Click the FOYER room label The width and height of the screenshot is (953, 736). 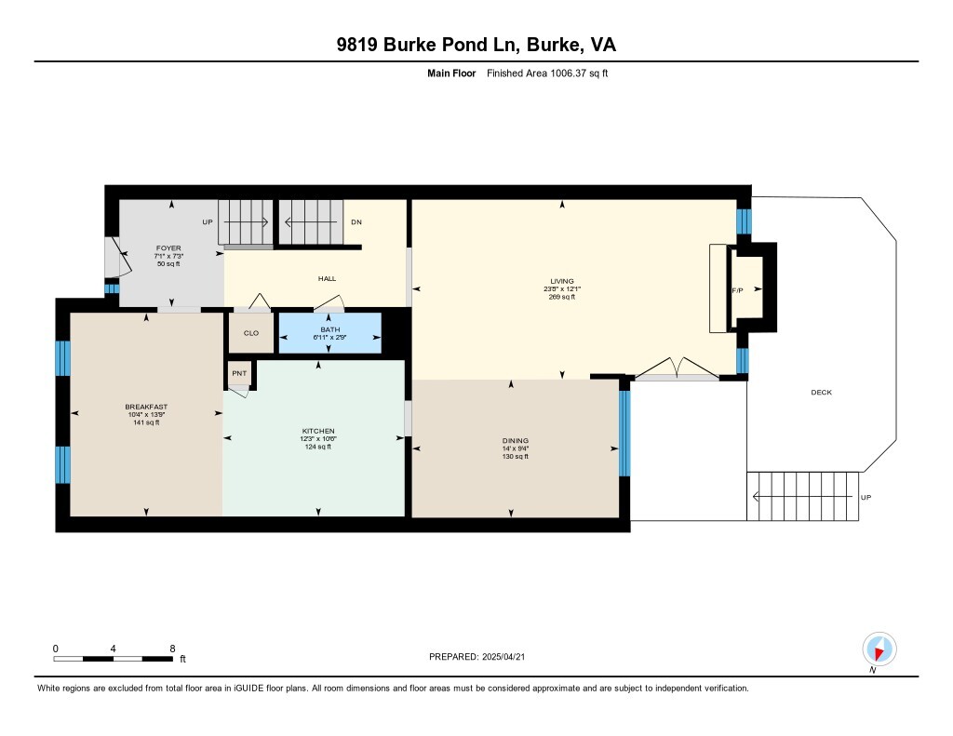[168, 248]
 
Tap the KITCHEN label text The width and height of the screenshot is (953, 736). [318, 431]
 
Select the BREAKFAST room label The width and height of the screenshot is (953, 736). [146, 407]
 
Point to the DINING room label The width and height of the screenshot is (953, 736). [516, 441]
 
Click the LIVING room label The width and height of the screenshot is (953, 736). [561, 281]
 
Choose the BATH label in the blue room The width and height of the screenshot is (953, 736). [330, 329]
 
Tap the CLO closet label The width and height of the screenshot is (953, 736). [251, 333]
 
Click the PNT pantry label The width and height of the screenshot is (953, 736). [239, 373]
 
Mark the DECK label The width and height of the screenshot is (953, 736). [821, 392]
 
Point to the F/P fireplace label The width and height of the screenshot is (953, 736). [737, 290]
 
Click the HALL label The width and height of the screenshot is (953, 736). [327, 278]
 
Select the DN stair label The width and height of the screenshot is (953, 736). [356, 221]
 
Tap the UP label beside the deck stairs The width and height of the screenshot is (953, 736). [866, 497]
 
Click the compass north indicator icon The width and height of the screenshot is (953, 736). [879, 649]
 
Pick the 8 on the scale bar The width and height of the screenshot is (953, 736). [172, 649]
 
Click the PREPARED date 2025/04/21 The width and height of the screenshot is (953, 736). [503, 656]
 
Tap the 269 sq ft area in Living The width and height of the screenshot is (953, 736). [561, 297]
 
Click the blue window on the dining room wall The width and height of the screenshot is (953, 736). [624, 434]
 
